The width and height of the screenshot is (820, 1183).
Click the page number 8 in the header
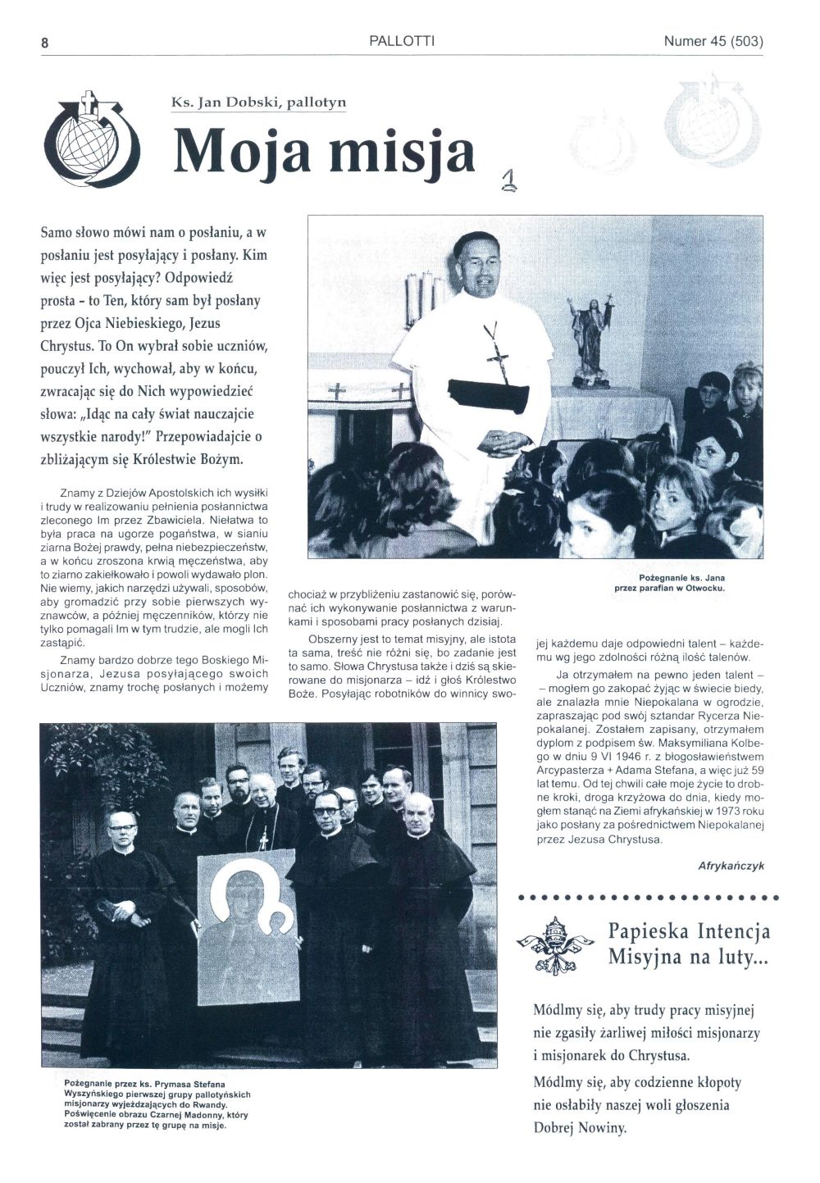click(45, 43)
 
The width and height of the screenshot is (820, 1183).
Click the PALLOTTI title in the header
click(402, 40)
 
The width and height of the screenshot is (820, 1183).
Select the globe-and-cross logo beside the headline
click(93, 142)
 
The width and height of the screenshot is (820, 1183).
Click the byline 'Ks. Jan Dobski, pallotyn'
click(258, 102)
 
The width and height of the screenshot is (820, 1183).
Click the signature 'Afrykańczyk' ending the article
click(731, 866)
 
